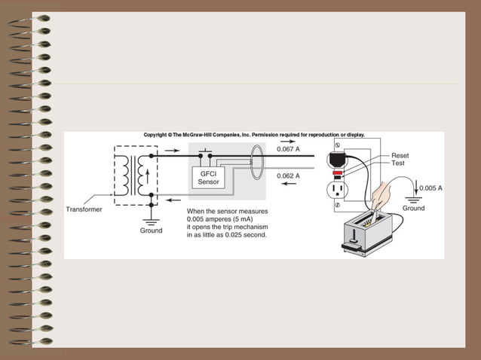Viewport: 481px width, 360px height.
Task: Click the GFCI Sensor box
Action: pyautogui.click(x=206, y=178)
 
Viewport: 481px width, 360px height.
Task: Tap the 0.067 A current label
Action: pyautogui.click(x=289, y=149)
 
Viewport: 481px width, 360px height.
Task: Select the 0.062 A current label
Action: pyautogui.click(x=289, y=175)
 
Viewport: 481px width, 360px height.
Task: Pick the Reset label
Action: pyautogui.click(x=400, y=155)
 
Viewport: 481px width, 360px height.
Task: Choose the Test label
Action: pyautogui.click(x=399, y=163)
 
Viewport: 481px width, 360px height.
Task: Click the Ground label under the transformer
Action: pyautogui.click(x=151, y=230)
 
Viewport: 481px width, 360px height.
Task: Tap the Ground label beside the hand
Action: pyautogui.click(x=413, y=208)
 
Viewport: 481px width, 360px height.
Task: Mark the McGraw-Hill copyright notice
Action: pyautogui.click(x=253, y=135)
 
